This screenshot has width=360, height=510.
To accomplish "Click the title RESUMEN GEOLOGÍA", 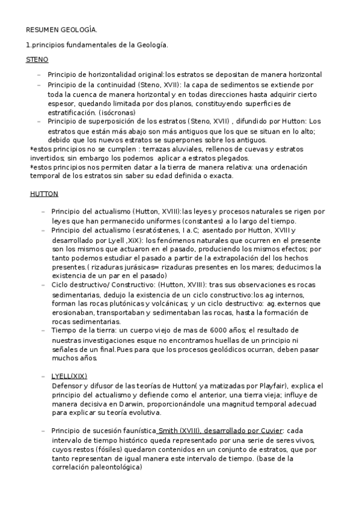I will [61, 29].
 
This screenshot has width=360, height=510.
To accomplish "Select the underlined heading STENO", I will [37, 60].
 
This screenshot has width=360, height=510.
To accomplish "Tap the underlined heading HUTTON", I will [44, 194].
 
